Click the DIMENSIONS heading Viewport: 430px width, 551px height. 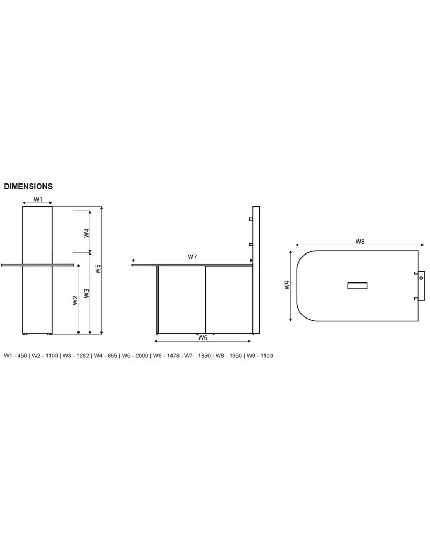click(28, 187)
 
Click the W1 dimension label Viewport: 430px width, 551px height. click(38, 200)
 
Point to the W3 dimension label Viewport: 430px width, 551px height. click(86, 293)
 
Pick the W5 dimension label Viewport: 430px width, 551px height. click(98, 269)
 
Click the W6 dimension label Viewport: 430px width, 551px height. click(203, 337)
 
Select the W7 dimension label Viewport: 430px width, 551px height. click(192, 257)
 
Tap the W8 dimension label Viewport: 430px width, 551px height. click(360, 242)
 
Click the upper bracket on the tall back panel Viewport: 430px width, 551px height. click(250, 219)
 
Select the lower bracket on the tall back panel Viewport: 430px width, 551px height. click(250, 245)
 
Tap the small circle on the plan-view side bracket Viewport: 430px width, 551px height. click(421, 278)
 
